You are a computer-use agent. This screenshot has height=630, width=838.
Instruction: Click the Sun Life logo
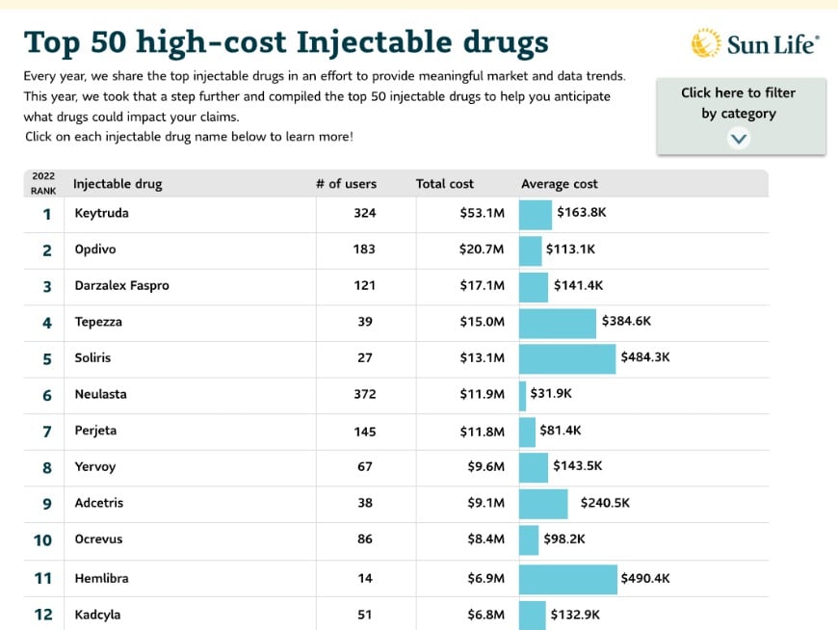[x=755, y=44]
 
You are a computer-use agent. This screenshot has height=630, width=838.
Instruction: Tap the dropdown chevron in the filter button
[x=739, y=138]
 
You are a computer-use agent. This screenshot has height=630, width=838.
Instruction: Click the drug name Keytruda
[x=101, y=213]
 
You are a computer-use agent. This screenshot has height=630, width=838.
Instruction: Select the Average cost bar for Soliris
[x=566, y=358]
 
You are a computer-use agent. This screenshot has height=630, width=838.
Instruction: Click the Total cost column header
[x=445, y=184]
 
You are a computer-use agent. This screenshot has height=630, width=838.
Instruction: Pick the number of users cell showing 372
[x=365, y=394]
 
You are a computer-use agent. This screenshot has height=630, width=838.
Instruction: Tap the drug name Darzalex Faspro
[x=121, y=285]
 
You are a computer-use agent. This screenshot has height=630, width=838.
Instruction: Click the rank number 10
[x=43, y=539]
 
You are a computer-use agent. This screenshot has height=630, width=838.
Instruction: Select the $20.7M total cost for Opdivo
[x=482, y=249]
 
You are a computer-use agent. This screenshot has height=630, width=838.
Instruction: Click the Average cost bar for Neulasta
[x=523, y=395]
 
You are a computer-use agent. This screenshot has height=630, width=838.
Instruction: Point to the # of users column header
[x=346, y=184]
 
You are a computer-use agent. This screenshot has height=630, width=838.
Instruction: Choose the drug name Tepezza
[x=98, y=322]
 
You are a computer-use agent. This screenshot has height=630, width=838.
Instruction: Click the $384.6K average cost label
[x=626, y=322]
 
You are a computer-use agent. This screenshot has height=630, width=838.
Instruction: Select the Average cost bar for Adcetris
[x=543, y=504]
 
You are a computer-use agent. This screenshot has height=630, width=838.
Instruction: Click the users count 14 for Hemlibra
[x=365, y=578]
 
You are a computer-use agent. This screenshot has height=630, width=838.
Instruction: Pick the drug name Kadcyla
[x=97, y=615]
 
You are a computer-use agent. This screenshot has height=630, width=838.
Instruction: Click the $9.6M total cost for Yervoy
[x=485, y=467]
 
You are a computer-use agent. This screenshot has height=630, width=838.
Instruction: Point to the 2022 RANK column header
[x=43, y=183]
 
